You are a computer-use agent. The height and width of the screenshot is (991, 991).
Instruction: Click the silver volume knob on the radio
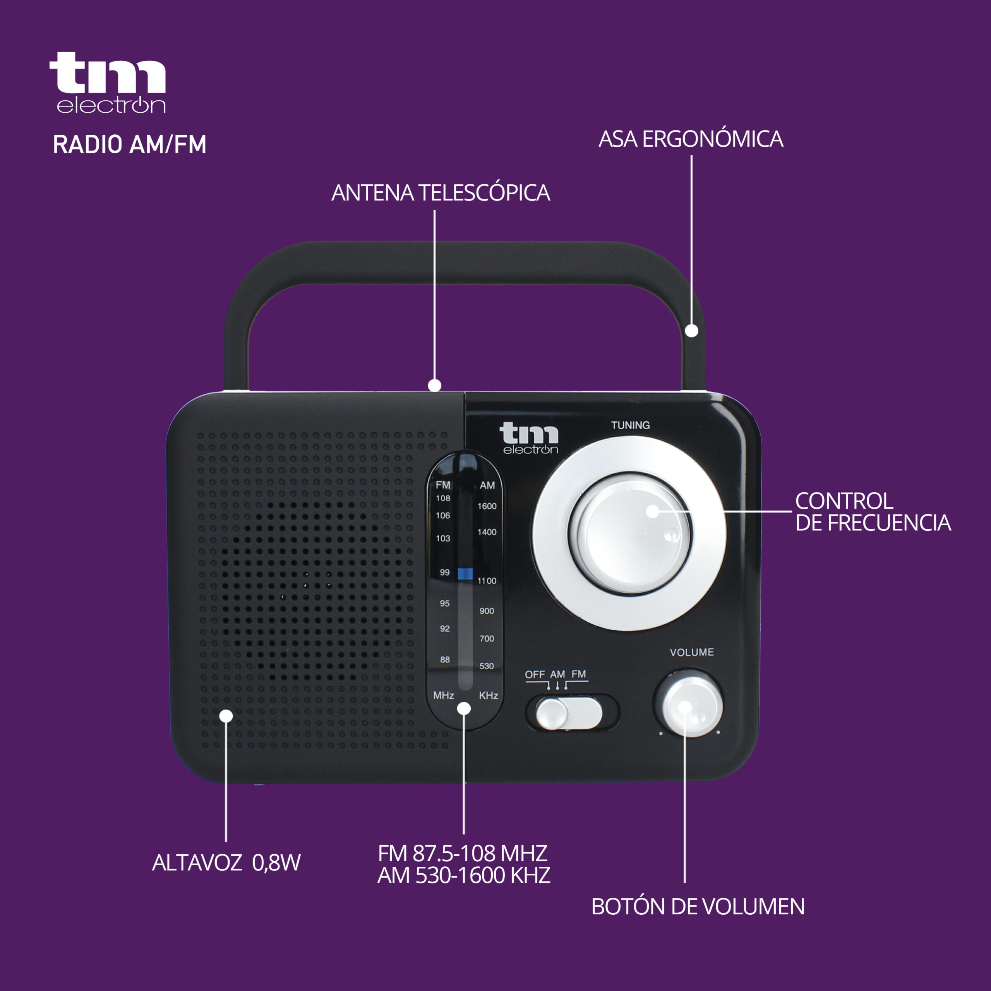(x=692, y=706)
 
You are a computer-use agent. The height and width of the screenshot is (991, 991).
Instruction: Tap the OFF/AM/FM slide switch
(x=568, y=712)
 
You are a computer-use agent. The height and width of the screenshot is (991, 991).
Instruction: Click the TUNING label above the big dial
(x=630, y=425)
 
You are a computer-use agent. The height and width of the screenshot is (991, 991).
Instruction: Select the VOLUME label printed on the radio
(x=692, y=652)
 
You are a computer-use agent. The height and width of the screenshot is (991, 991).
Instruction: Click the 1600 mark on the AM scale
(x=487, y=506)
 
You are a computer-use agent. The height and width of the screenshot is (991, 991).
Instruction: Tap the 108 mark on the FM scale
(x=443, y=498)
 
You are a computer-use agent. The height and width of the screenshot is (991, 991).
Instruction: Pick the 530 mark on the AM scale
(x=487, y=666)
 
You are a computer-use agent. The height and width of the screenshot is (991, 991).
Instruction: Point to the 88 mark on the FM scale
(x=445, y=660)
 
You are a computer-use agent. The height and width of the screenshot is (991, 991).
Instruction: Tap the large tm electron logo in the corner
(x=108, y=82)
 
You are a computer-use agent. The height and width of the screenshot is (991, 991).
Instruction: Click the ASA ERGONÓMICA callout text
(x=691, y=139)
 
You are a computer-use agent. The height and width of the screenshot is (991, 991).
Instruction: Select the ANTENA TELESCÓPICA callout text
(x=441, y=192)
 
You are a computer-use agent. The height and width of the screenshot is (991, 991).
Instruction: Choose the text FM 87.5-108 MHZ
(x=463, y=854)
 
